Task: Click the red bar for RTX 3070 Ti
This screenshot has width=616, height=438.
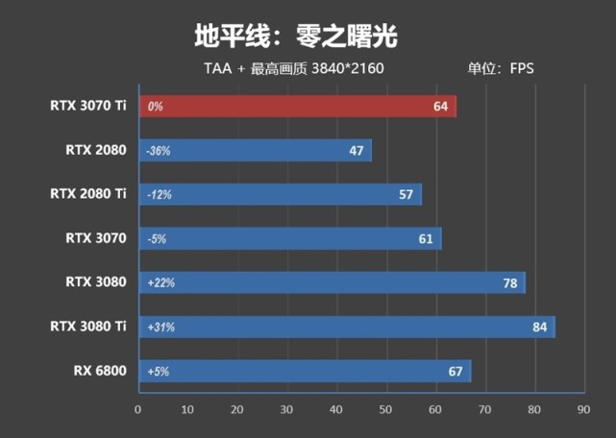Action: coord(298,106)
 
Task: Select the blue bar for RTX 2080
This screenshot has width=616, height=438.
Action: coord(256,150)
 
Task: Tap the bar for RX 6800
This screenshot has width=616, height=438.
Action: coord(306,371)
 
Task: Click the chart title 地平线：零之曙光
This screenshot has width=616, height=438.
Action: coord(295,36)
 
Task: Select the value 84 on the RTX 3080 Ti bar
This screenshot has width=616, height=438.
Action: coord(539,328)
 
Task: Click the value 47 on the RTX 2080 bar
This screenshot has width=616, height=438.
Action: coord(357,151)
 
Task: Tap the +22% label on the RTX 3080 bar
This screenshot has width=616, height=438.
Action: coord(160,283)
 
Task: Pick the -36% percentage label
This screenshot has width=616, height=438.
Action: coord(159,151)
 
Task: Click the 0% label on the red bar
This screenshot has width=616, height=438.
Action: coord(155,107)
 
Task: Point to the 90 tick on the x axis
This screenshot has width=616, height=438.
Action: coord(582,409)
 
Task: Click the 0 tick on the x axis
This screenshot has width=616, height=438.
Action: coord(138,409)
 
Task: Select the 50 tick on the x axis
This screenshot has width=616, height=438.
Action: coord(385,409)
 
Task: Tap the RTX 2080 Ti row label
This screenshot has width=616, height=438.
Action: coord(88,194)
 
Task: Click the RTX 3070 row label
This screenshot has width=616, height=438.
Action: coord(96,238)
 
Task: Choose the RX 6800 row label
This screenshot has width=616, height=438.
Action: coord(100,371)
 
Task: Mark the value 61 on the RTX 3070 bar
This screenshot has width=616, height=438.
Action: coord(426,239)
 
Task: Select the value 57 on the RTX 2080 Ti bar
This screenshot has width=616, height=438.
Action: coord(406,195)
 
